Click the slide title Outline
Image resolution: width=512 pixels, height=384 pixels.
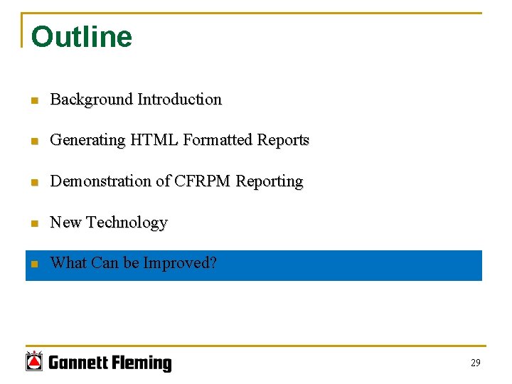click(81, 37)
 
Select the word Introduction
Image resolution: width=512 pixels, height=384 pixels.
click(179, 100)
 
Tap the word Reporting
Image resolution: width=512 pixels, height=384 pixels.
click(270, 182)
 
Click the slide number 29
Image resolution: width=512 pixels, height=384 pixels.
click(475, 363)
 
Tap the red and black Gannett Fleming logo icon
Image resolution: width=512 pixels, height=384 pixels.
click(34, 361)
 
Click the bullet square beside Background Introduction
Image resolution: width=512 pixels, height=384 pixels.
click(33, 100)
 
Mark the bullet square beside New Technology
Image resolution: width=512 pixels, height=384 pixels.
click(33, 223)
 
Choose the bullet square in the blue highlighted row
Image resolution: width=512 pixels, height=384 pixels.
click(33, 264)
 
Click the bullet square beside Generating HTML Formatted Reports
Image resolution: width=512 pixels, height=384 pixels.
click(33, 141)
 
